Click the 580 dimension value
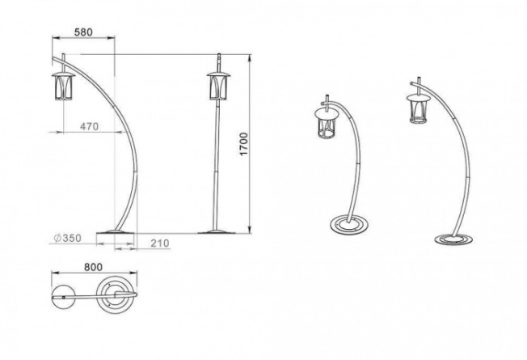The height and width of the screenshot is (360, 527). tap(83, 32)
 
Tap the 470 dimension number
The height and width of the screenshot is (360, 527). tap(90, 126)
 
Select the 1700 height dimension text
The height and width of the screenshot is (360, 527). tap(243, 144)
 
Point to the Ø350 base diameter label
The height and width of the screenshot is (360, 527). tap(68, 238)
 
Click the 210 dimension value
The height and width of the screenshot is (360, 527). tap(160, 243)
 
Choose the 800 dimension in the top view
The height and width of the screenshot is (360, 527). tap(93, 267)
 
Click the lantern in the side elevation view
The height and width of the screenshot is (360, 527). tap(63, 86)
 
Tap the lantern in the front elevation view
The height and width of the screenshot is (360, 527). tap(218, 86)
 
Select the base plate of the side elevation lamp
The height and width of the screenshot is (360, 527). tap(116, 231)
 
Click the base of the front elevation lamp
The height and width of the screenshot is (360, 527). tap(214, 231)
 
